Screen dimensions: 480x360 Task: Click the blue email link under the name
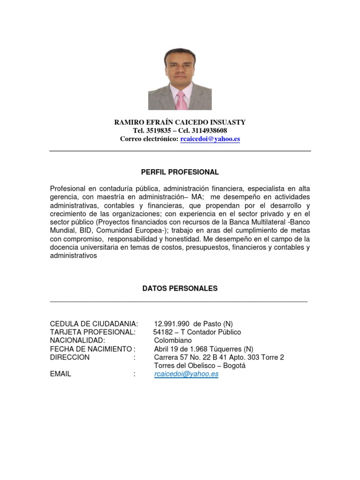point(210,139)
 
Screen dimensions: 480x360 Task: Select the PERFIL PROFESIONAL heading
point(180,172)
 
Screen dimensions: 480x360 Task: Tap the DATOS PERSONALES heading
point(180,289)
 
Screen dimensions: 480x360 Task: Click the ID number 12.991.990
point(172,324)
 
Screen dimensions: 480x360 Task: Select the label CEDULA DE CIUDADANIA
point(94,324)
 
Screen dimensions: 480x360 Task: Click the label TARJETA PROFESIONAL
point(92,332)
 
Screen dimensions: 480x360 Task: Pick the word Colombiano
point(173,341)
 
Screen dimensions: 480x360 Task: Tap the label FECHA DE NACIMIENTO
point(91,349)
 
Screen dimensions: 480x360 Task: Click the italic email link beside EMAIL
point(186,375)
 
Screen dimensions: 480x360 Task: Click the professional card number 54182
point(163,332)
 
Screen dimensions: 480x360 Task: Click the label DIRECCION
point(69,358)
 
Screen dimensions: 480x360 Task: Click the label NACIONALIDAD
point(77,341)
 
